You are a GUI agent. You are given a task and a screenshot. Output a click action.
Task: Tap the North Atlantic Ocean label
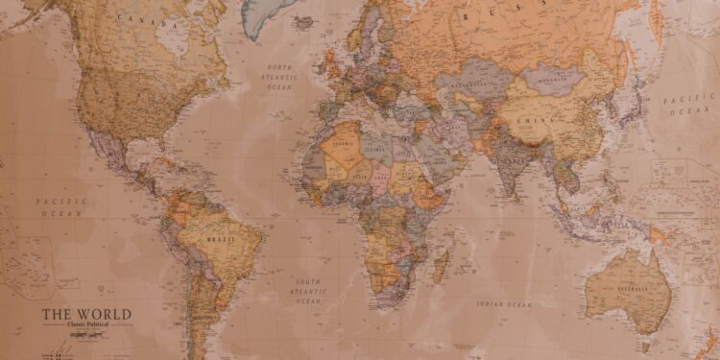pyautogui.click(x=279, y=76)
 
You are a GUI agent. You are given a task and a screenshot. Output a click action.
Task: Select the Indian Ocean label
pyautogui.click(x=503, y=304)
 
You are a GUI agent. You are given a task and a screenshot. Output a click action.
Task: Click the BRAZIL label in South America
pyautogui.click(x=219, y=239)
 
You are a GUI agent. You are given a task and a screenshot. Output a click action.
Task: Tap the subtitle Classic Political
pyautogui.click(x=87, y=325)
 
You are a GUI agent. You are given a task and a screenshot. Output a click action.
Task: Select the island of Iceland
pyautogui.click(x=305, y=22)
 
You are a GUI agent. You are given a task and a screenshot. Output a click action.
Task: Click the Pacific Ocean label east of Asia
pyautogui.click(x=689, y=104)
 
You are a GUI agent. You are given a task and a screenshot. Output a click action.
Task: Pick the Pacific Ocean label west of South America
pyautogui.click(x=61, y=206)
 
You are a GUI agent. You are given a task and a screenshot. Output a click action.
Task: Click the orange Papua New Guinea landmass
pyautogui.click(x=660, y=233)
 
